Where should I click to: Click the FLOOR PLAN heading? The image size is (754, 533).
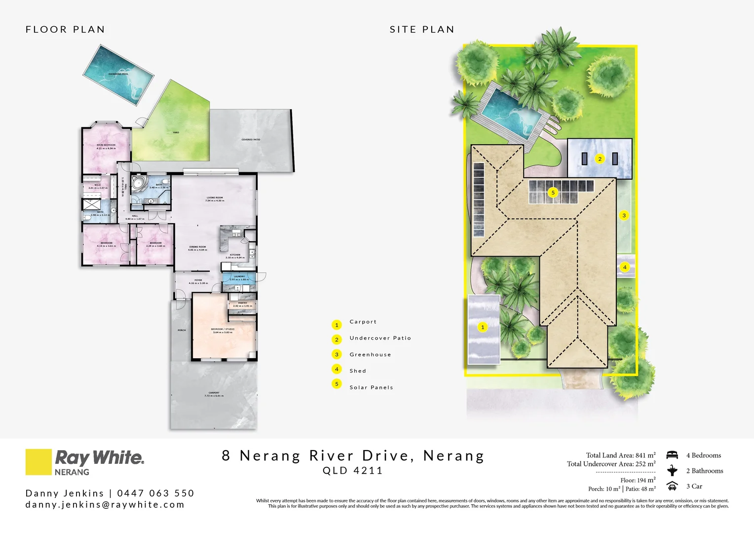pos(65,30)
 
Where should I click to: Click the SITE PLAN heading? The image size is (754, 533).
pos(422,30)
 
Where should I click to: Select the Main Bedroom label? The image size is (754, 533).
pos(106,146)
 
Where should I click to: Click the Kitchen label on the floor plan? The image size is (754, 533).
pos(235,256)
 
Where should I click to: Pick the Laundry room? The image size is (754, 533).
pos(239,278)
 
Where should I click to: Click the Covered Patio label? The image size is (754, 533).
pos(251,140)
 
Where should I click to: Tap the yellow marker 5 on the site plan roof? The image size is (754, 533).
pos(553,192)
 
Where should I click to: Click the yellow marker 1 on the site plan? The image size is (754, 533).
pos(483,327)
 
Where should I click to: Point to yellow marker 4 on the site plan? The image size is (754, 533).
pos(625,267)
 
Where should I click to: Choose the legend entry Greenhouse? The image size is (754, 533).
pos(370,354)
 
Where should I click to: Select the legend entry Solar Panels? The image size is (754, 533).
pos(371,387)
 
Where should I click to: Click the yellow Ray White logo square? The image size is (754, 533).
pos(38,462)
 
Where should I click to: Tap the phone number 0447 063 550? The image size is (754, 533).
pos(156,493)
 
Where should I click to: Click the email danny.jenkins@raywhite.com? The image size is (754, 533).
pos(105,504)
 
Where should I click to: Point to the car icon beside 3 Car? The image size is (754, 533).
pos(672,486)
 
